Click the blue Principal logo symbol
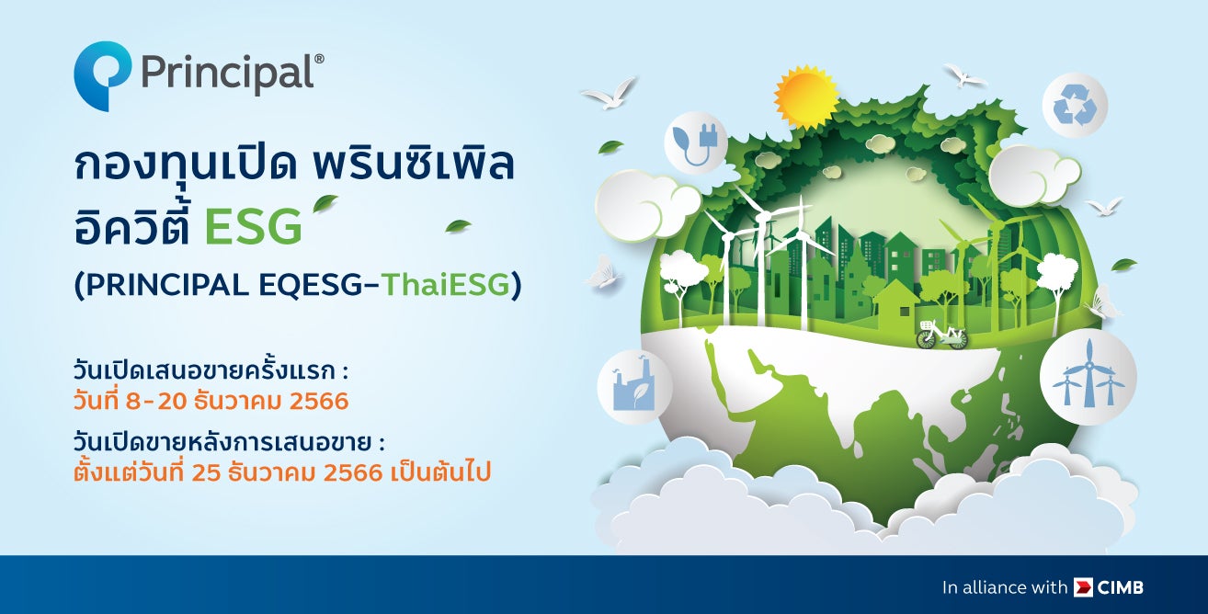click(x=102, y=74)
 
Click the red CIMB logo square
click(x=1083, y=586)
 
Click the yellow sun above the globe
click(x=805, y=97)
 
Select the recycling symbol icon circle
click(x=1075, y=105)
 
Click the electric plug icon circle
click(x=695, y=142)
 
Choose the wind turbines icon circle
click(x=1088, y=376)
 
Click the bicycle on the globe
click(x=941, y=335)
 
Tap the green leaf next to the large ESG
click(x=325, y=203)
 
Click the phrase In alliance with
click(x=1005, y=586)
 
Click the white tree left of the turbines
click(x=683, y=273)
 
